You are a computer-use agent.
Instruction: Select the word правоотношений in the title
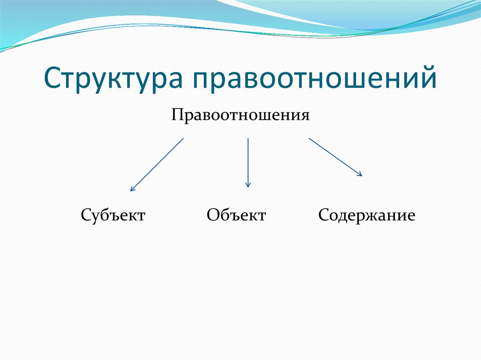click(313, 77)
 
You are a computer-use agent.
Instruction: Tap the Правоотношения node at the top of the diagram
click(240, 115)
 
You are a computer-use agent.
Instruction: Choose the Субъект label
click(113, 216)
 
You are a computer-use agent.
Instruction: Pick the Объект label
click(236, 216)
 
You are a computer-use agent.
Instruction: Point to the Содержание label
click(366, 216)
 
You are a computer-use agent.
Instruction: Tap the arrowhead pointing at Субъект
click(132, 189)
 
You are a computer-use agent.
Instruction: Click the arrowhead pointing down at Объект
click(248, 185)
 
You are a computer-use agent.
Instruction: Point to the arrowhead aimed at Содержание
click(360, 175)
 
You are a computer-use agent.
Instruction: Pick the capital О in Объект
click(212, 216)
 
